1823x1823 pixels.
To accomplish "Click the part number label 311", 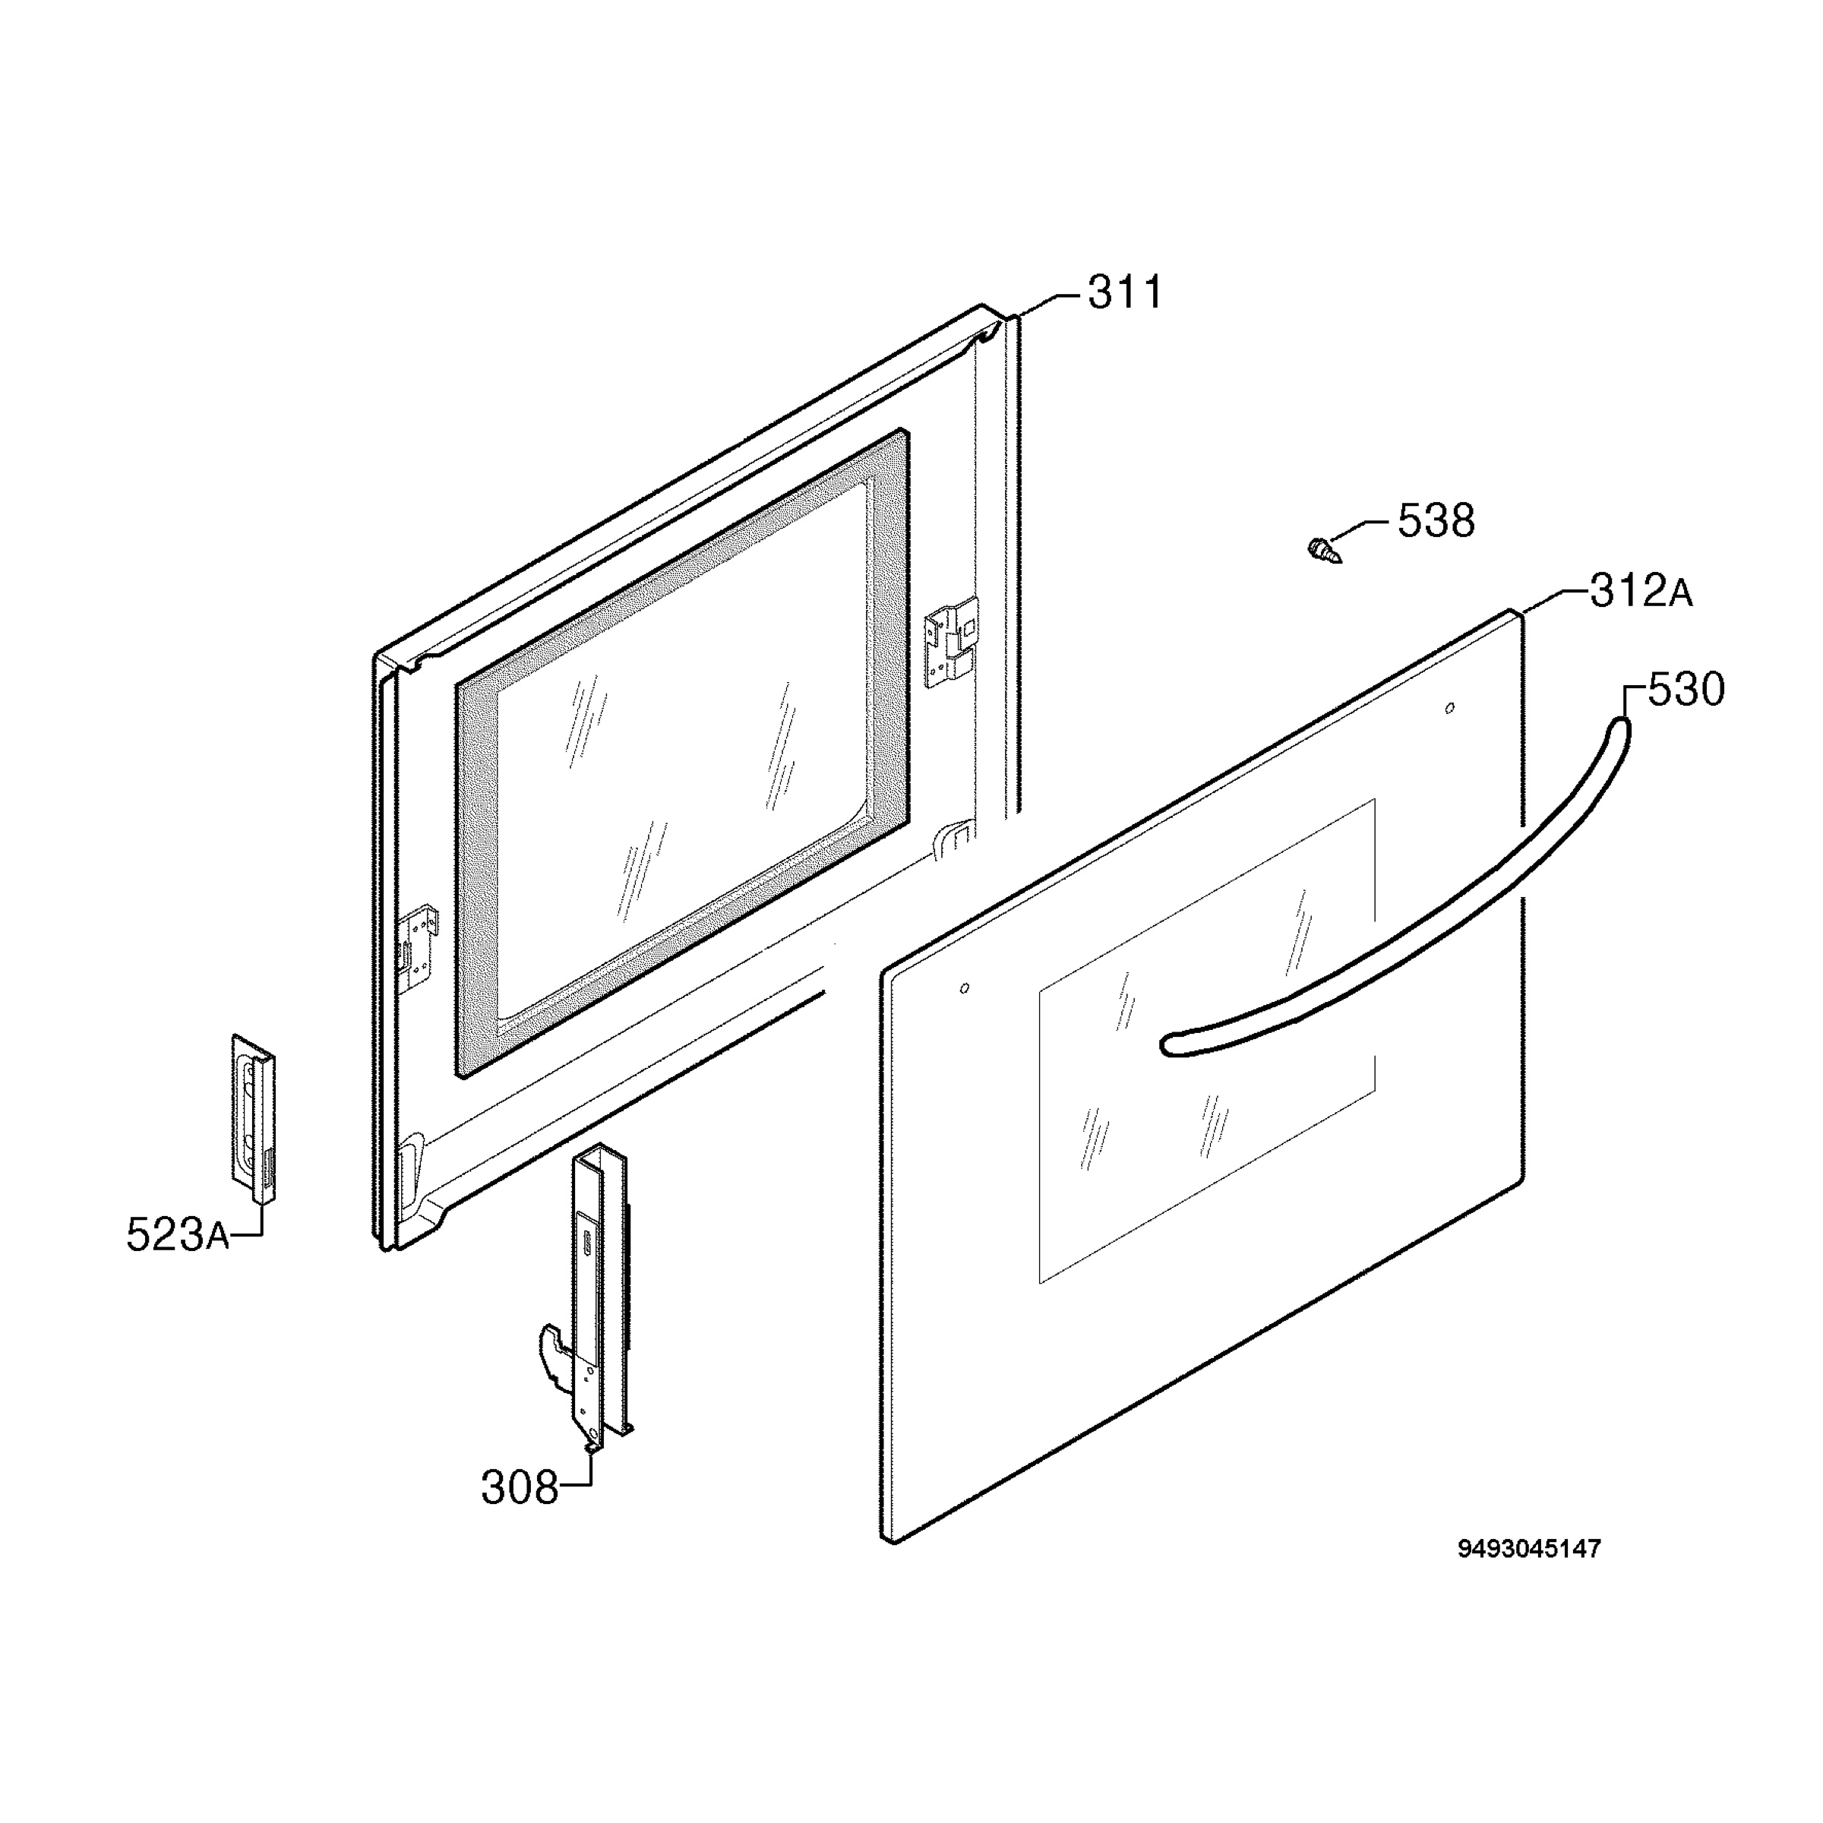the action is [x=1126, y=292].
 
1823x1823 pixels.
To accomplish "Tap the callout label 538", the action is [x=1435, y=521].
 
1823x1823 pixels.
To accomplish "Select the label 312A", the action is [x=1641, y=592].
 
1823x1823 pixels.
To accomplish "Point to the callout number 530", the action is [x=1686, y=690].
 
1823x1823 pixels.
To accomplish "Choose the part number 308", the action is [x=520, y=1488].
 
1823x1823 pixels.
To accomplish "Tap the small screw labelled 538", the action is [x=1325, y=550].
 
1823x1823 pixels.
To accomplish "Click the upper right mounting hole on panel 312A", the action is [x=1450, y=708].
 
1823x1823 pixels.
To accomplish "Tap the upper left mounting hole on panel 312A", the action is [x=963, y=989].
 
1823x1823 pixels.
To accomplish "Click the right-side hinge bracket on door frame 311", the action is [x=952, y=643].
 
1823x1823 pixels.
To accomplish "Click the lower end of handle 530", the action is [x=1170, y=1044].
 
